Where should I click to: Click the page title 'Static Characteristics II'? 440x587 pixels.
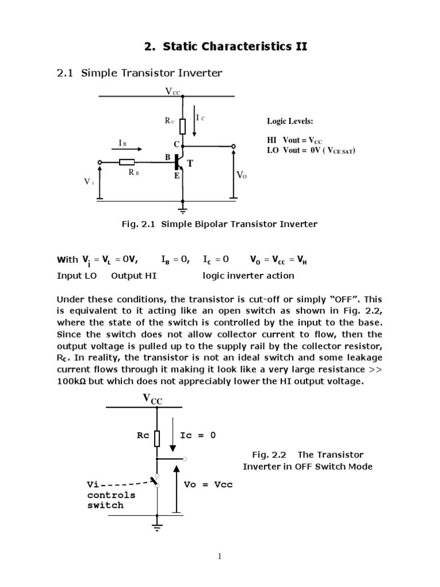pos(235,46)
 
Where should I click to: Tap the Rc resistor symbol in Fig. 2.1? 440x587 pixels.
pos(183,126)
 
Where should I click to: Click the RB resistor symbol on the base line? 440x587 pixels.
pos(127,162)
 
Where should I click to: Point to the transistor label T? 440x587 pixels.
pos(190,164)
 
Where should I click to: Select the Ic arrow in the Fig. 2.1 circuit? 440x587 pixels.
pos(194,124)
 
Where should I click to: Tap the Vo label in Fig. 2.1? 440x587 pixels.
pos(241,175)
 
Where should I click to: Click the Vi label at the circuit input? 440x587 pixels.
pos(88,181)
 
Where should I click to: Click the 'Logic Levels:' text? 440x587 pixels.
pos(290,122)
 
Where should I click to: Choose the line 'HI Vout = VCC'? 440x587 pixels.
pos(294,140)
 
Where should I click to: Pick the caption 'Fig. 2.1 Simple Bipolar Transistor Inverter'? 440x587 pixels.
pos(219,224)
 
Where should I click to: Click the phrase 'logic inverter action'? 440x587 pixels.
pos(249,276)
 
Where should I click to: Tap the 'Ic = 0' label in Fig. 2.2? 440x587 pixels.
pos(198,435)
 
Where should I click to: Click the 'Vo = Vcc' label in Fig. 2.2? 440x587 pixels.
pos(208,484)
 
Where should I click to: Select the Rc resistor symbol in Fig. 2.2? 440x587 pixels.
pos(157,437)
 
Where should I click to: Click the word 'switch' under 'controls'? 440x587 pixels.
pos(105,505)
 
